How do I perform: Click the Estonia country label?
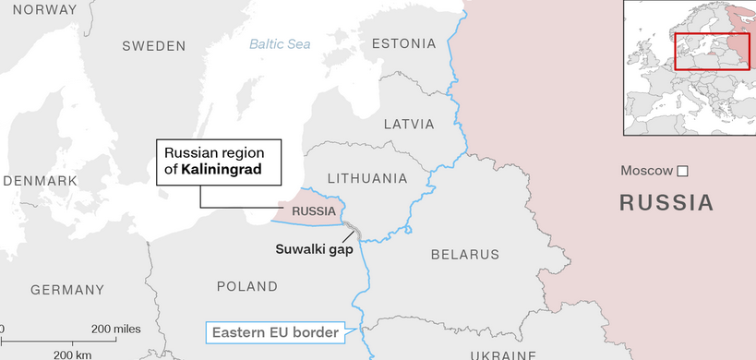pyautogui.click(x=403, y=43)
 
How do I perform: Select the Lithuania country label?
pyautogui.click(x=367, y=177)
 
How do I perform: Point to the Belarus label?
pyautogui.click(x=464, y=254)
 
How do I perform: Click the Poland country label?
pyautogui.click(x=246, y=286)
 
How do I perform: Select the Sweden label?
pyautogui.click(x=153, y=45)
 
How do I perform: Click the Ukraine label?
pyautogui.click(x=502, y=354)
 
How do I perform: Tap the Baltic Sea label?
pyautogui.click(x=280, y=43)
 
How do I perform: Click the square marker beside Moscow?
pyautogui.click(x=682, y=171)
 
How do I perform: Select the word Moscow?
pyautogui.click(x=647, y=171)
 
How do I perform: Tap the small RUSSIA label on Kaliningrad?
pyautogui.click(x=313, y=211)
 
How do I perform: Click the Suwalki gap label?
pyautogui.click(x=314, y=248)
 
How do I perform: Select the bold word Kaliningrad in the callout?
pyautogui.click(x=222, y=170)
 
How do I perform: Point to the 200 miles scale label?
pyautogui.click(x=115, y=329)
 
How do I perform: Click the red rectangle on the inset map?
pyautogui.click(x=711, y=52)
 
